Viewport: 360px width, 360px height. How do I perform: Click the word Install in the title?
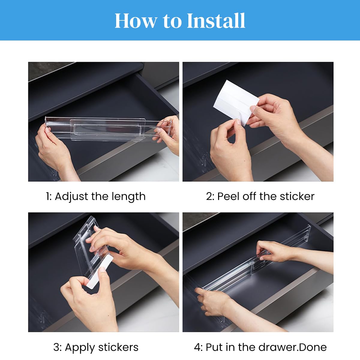pos(216,21)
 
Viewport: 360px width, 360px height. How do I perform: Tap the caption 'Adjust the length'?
pos(96,196)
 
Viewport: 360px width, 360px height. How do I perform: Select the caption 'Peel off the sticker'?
pos(260,196)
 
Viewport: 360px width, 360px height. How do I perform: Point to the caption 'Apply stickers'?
pos(96,347)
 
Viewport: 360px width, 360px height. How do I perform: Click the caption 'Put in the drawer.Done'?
pos(260,347)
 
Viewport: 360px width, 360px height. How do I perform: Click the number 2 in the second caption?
pos(209,196)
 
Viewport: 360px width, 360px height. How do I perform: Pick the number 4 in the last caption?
pos(198,347)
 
